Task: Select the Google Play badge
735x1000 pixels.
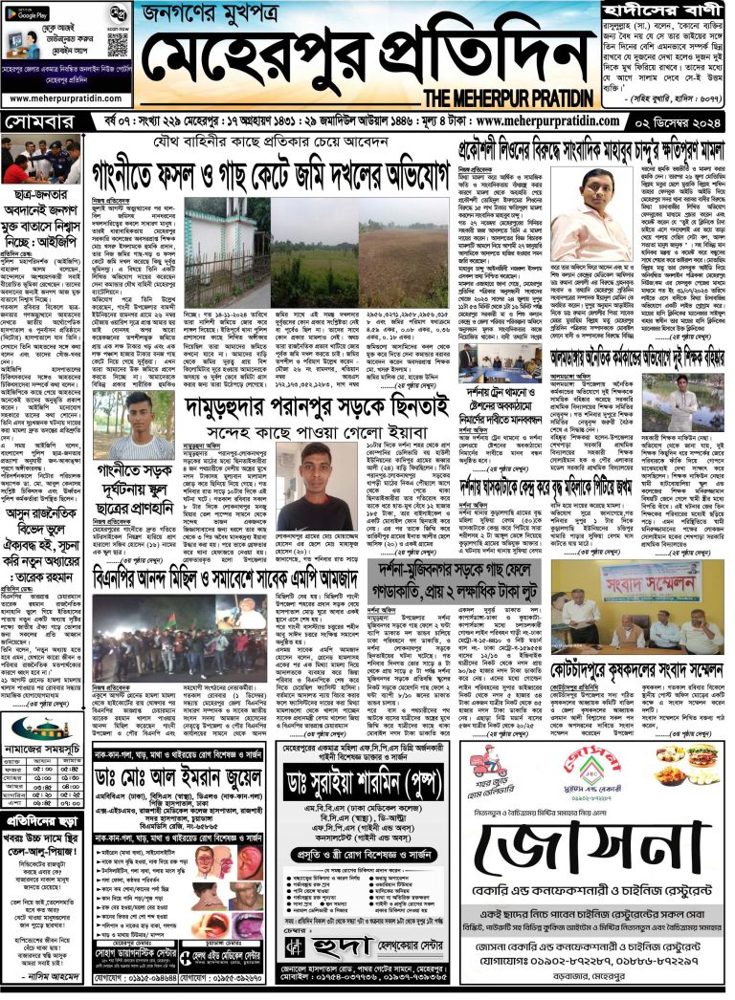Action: (x=33, y=13)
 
